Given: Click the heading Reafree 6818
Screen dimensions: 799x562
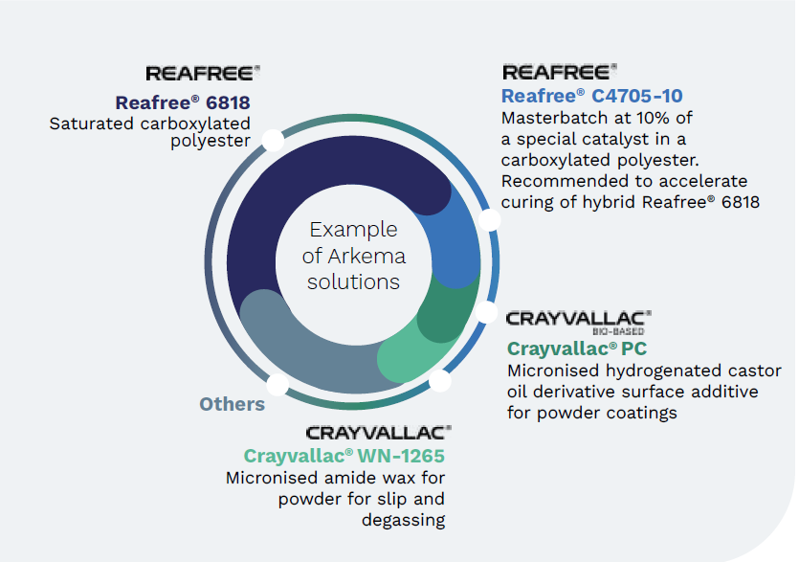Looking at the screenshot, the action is pyautogui.click(x=183, y=102).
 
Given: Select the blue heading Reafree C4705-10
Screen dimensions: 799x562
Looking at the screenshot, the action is pyautogui.click(x=592, y=96).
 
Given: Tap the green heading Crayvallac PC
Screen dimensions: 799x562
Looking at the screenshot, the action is pyautogui.click(x=577, y=348).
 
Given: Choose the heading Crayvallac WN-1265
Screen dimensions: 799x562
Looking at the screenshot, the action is pyautogui.click(x=344, y=456).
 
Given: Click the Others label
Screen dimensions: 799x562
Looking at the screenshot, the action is pyautogui.click(x=232, y=404).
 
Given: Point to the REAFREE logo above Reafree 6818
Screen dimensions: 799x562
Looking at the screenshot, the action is pyautogui.click(x=203, y=73).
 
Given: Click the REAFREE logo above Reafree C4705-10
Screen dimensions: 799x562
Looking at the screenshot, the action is pyautogui.click(x=560, y=72).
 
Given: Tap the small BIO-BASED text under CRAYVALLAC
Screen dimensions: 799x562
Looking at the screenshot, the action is pyautogui.click(x=618, y=331).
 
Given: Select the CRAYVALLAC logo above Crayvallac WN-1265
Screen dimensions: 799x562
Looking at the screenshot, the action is pyautogui.click(x=379, y=433).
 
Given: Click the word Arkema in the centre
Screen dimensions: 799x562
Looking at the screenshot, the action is pyautogui.click(x=366, y=256).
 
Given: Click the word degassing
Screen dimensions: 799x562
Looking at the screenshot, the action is pyautogui.click(x=403, y=520).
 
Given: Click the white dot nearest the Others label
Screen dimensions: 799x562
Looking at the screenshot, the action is pyautogui.click(x=277, y=385).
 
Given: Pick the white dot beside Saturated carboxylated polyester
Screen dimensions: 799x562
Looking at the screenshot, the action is pyautogui.click(x=273, y=140).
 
